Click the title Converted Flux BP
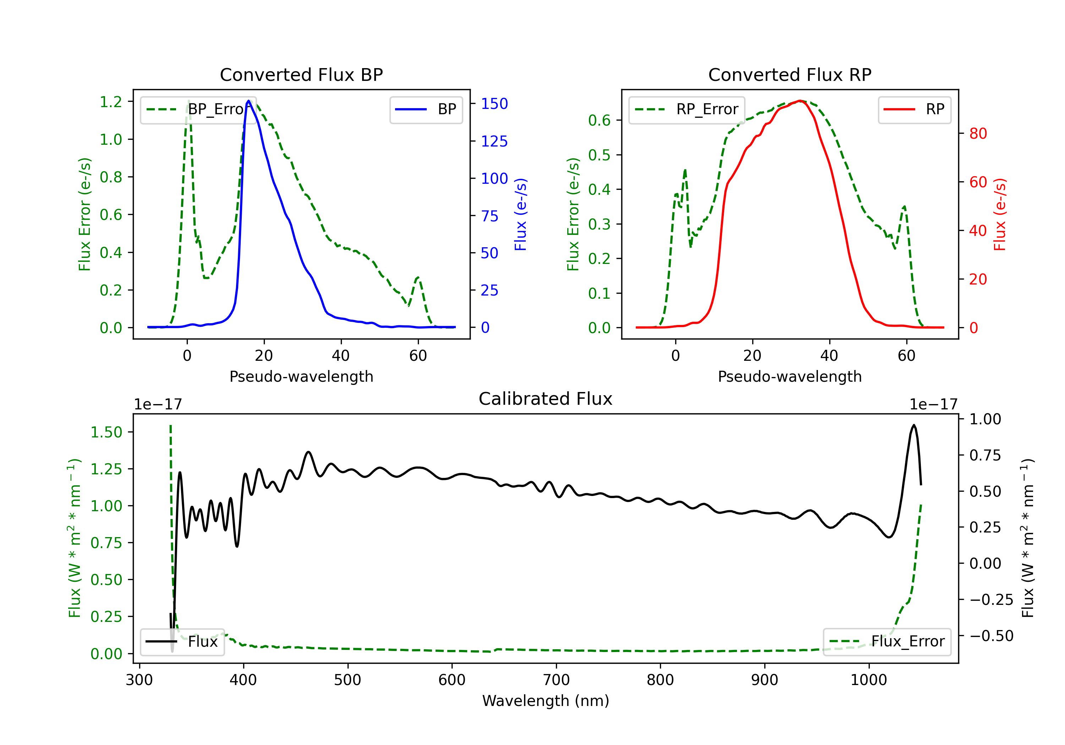click(x=301, y=74)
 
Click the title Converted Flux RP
click(x=790, y=74)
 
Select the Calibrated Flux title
click(x=546, y=399)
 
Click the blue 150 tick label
click(x=495, y=104)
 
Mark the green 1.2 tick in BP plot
click(x=111, y=102)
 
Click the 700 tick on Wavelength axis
click(x=556, y=680)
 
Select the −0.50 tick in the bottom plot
click(x=991, y=636)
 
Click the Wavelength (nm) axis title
click(x=546, y=701)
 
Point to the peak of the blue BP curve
click(x=248, y=101)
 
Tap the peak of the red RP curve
click(x=800, y=101)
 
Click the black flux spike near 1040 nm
click(x=914, y=425)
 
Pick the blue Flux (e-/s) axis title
click(x=520, y=215)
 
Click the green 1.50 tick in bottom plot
click(x=106, y=432)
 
